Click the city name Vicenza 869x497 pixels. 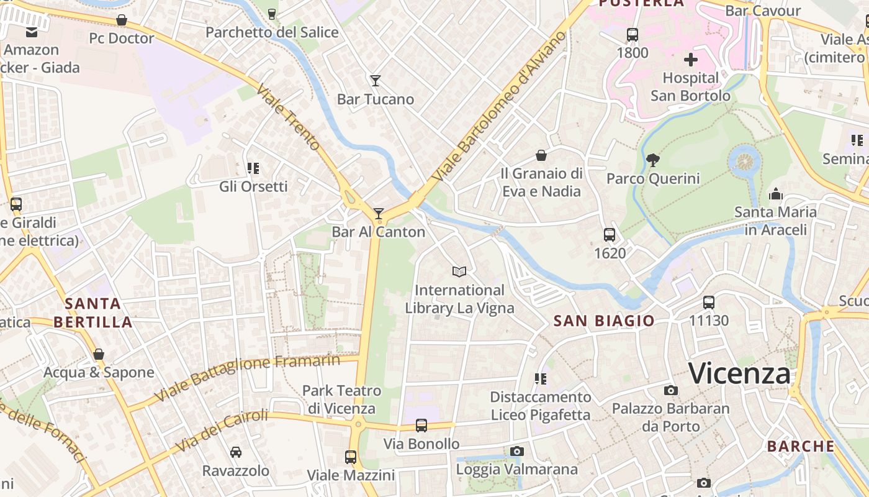739,373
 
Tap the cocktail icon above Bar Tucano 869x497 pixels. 375,80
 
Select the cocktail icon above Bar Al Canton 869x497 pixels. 378,214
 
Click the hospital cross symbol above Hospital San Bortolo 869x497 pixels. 690,60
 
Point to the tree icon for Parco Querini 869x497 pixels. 652,160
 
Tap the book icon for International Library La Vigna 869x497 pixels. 459,271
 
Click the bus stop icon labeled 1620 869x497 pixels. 610,235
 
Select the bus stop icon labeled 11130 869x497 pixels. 708,303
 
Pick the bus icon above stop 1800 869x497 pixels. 632,35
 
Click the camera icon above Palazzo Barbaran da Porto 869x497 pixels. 670,390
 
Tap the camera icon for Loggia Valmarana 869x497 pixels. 516,451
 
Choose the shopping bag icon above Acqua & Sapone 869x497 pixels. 98,354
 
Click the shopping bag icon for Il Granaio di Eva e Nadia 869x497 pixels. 541,155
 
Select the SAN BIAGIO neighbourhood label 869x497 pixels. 603,321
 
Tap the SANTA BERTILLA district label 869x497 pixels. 93,312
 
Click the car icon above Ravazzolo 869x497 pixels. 235,452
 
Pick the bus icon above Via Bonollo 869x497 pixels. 421,426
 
